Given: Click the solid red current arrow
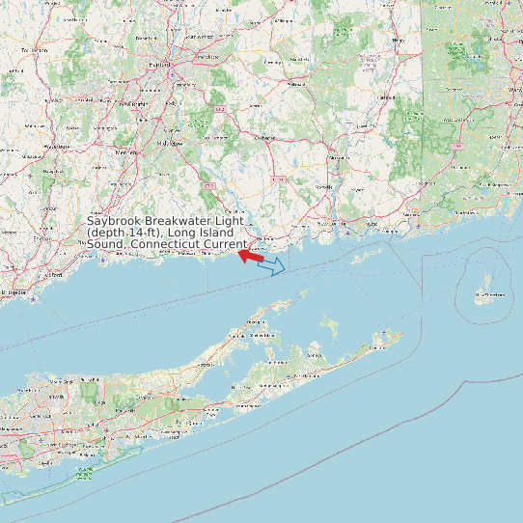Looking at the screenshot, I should [x=252, y=256].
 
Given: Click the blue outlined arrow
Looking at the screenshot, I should [x=272, y=265].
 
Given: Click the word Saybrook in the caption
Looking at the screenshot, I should [x=115, y=221].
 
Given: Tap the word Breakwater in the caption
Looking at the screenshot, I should [x=179, y=221].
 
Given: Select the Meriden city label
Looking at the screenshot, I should [x=124, y=152].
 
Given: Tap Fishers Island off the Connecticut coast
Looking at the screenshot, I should [x=367, y=257].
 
